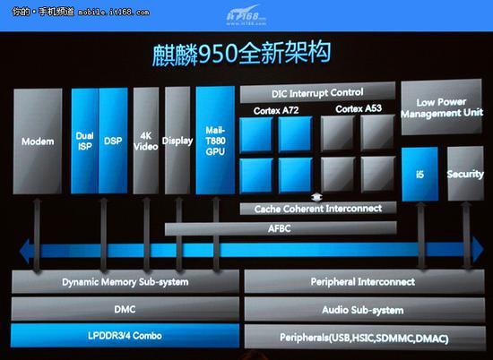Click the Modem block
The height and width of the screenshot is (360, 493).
tap(38, 141)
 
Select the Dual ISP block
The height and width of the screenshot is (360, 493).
tap(85, 141)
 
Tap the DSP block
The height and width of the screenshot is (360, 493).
tap(113, 141)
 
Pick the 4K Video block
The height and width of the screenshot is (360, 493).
tap(146, 141)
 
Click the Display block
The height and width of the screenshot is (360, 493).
tap(177, 141)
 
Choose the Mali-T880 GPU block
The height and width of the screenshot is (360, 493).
tap(215, 140)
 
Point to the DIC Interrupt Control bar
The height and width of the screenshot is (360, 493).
tap(317, 92)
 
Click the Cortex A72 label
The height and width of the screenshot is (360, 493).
tap(276, 110)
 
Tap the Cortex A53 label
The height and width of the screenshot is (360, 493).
tap(359, 108)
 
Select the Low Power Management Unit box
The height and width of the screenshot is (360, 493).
tap(441, 107)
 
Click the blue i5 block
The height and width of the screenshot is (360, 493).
tap(420, 174)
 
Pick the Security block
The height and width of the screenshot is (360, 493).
tap(465, 174)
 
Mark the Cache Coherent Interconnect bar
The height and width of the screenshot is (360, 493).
tap(318, 209)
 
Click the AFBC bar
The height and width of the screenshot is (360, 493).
tap(281, 228)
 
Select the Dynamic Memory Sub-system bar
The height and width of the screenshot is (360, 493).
tap(125, 282)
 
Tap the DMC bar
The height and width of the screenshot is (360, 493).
tap(125, 309)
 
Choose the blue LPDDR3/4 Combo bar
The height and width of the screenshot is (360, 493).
tap(125, 336)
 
